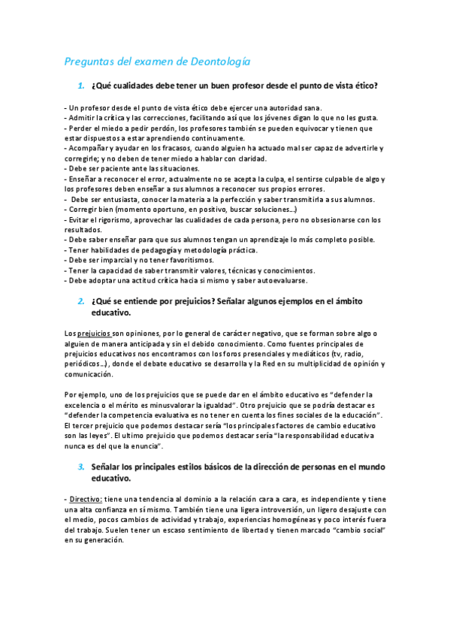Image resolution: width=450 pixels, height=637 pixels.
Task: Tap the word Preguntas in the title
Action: pyautogui.click(x=89, y=61)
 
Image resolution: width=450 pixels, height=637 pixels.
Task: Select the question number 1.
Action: pyautogui.click(x=82, y=86)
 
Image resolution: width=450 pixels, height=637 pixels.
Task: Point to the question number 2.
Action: pyautogui.click(x=81, y=301)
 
